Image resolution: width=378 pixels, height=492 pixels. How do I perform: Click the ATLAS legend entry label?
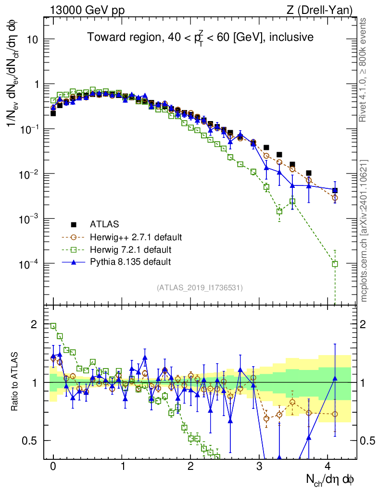(104, 224)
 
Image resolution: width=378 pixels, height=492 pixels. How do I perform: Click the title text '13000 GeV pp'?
(87, 11)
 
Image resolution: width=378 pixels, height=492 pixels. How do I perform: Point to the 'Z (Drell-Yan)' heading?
(320, 11)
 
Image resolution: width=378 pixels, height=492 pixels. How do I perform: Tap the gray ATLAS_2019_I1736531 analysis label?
(200, 287)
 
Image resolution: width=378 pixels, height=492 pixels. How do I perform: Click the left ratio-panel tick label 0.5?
(29, 441)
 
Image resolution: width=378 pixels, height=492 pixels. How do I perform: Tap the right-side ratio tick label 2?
(363, 324)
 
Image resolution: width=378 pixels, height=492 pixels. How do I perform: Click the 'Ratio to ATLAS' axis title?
(14, 381)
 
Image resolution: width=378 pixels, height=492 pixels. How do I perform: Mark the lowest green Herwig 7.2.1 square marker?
(335, 264)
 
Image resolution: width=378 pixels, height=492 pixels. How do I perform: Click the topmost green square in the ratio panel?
(53, 326)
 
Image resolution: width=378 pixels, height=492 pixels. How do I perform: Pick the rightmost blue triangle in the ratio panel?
(335, 379)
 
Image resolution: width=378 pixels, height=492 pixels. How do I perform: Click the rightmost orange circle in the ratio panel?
(335, 414)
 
